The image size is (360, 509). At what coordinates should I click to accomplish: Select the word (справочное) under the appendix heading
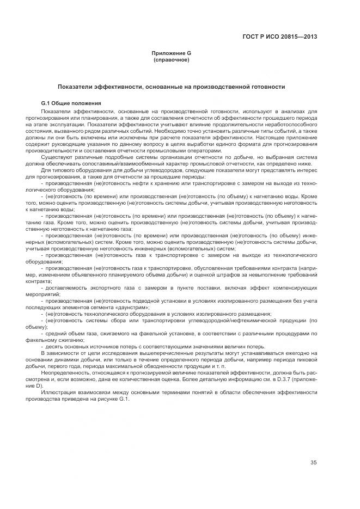coord(171,59)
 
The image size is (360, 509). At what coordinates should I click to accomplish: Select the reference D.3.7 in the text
coord(283,379)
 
